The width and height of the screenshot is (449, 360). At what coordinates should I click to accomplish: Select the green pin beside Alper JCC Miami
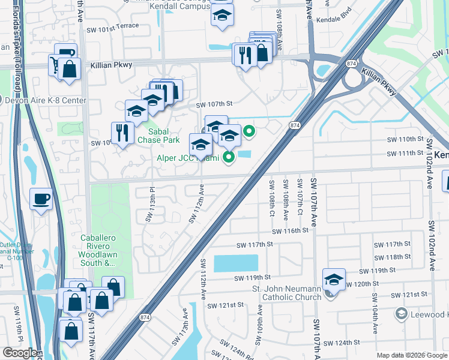coord(228,158)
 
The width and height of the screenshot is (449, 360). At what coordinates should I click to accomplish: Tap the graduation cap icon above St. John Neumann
coord(334,280)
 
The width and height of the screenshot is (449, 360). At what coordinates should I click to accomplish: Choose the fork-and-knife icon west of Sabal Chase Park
coord(122,133)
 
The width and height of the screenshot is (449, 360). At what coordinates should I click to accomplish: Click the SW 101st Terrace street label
coord(113,26)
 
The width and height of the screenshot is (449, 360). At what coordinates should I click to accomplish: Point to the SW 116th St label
coord(290,231)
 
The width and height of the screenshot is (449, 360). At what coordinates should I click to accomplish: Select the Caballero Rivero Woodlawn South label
coord(106,250)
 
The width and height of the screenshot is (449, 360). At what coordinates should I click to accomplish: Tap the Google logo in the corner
coord(20,352)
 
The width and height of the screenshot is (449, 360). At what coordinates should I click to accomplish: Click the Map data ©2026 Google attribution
coord(411,355)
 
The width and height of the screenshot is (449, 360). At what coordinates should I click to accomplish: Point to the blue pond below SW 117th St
coord(235,263)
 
